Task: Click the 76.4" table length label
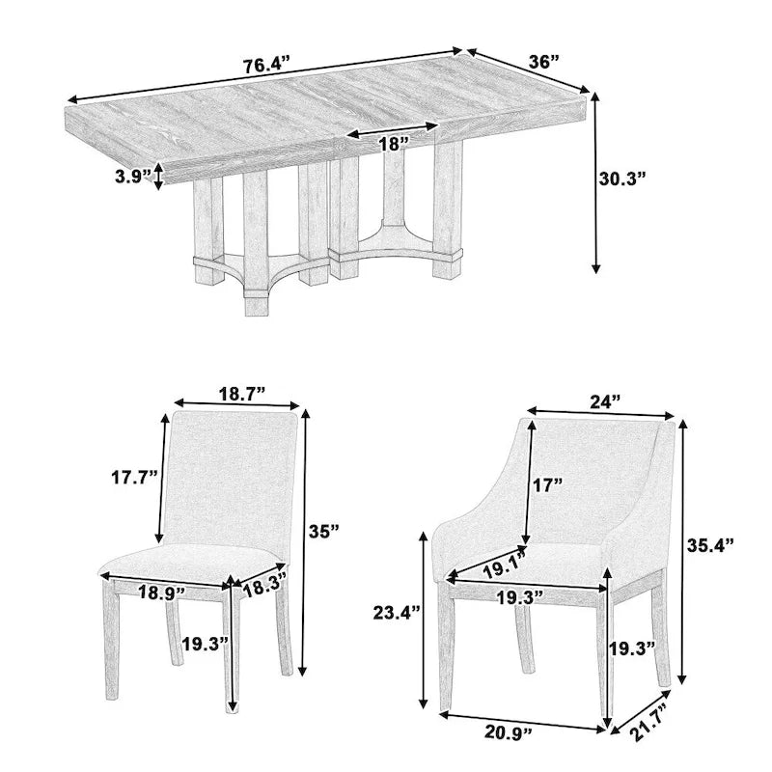(x=267, y=67)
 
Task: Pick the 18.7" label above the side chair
(x=241, y=393)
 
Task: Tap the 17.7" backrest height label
(x=132, y=477)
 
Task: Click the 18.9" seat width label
(x=162, y=593)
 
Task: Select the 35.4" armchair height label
(x=709, y=544)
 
